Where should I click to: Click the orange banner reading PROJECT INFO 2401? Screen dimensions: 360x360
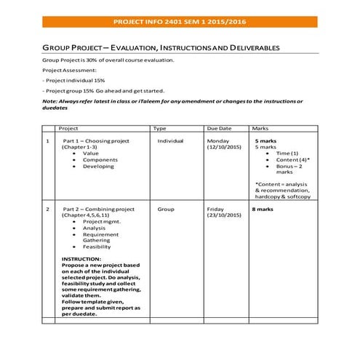[x=180, y=23]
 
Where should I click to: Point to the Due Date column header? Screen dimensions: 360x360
[x=219, y=128]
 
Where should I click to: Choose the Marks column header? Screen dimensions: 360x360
[x=260, y=128]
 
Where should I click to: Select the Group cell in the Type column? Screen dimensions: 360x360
[x=166, y=209]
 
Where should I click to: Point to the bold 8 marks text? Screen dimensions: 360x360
[x=263, y=209]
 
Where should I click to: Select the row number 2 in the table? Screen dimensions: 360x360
[x=47, y=209]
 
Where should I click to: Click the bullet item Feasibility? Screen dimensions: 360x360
[x=97, y=247]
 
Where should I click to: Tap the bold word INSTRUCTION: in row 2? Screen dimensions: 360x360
[x=81, y=259]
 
